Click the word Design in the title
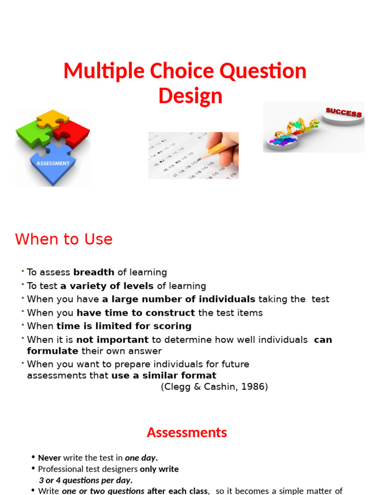click(x=190, y=96)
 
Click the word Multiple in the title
click(x=104, y=71)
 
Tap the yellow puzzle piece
click(x=53, y=119)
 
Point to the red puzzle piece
click(x=72, y=133)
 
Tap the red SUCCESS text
click(x=343, y=113)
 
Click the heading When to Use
click(x=64, y=239)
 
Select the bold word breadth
click(x=94, y=272)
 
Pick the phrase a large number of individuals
click(x=178, y=299)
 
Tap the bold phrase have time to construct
click(x=136, y=313)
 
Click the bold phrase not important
click(x=113, y=340)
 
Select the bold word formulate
click(x=53, y=351)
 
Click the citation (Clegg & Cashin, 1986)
click(x=214, y=387)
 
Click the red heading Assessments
click(x=187, y=432)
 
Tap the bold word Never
click(x=50, y=457)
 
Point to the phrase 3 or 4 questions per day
click(x=86, y=480)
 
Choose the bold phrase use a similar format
click(x=164, y=376)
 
